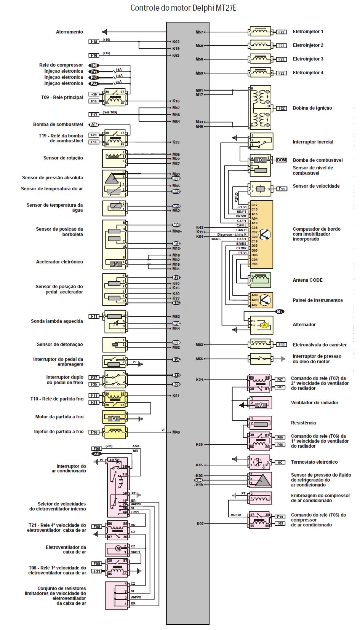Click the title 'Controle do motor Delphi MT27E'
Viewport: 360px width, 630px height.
[x=183, y=8]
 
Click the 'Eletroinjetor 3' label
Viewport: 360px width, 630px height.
[x=308, y=59]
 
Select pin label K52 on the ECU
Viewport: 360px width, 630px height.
[x=176, y=56]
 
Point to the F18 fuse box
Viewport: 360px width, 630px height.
[x=94, y=41]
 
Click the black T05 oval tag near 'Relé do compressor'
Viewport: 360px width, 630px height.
[x=94, y=65]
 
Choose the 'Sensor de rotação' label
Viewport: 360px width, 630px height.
[x=63, y=158]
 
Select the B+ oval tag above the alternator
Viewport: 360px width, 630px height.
[x=280, y=311]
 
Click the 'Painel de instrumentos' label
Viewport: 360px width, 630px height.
[x=317, y=300]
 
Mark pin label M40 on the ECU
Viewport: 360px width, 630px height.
[x=176, y=432]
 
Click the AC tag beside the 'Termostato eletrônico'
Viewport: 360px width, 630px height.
[x=280, y=463]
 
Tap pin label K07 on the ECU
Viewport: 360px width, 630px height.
[x=200, y=524]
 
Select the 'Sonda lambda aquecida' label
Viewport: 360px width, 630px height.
[x=57, y=321]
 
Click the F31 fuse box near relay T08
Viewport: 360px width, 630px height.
[x=97, y=571]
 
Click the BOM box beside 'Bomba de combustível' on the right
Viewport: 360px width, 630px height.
[x=281, y=160]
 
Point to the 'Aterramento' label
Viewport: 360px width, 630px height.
[x=69, y=32]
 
